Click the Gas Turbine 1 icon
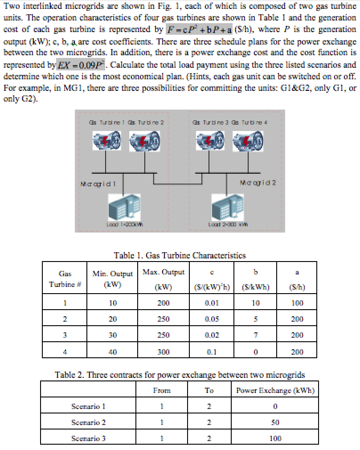click(x=105, y=142)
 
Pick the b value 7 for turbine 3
click(x=255, y=335)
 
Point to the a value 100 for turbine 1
click(x=297, y=303)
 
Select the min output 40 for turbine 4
click(x=112, y=352)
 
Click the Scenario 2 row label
click(x=88, y=422)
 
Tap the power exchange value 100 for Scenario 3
click(x=275, y=438)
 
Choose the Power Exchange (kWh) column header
click(x=275, y=391)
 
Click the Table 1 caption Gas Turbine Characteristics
click(x=180, y=255)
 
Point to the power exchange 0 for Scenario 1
click(x=275, y=406)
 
